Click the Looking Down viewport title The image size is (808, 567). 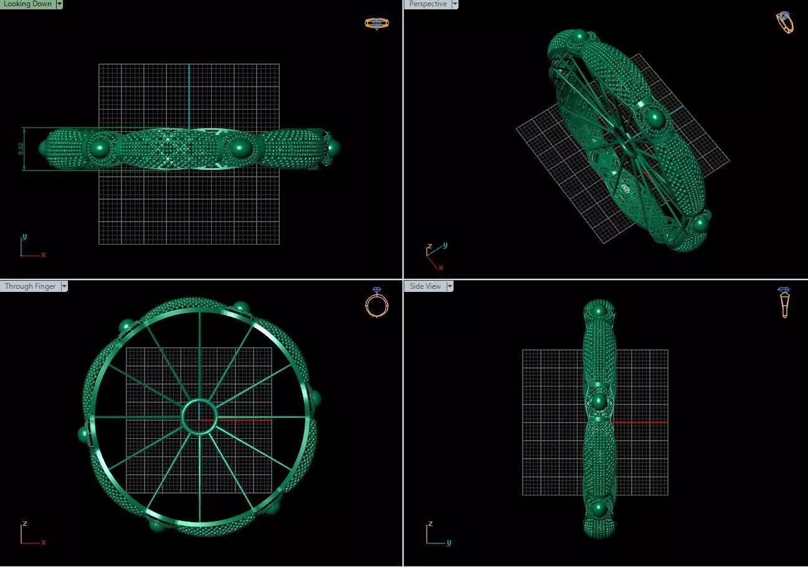point(28,4)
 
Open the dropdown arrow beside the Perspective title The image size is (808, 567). point(455,4)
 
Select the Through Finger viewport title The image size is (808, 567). point(30,286)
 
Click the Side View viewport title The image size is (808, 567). point(425,286)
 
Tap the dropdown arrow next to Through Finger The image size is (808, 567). point(64,286)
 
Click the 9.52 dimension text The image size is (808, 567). point(21,149)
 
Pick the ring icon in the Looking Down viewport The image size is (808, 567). point(376,24)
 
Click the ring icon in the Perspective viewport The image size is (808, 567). point(784,22)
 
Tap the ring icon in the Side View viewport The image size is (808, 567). point(784,302)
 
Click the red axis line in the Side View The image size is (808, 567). point(639,423)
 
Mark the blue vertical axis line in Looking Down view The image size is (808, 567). point(189,93)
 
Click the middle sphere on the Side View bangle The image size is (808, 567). point(599,401)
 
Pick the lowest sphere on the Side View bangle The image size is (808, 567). point(599,510)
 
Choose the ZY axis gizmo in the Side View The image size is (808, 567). point(436,535)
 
